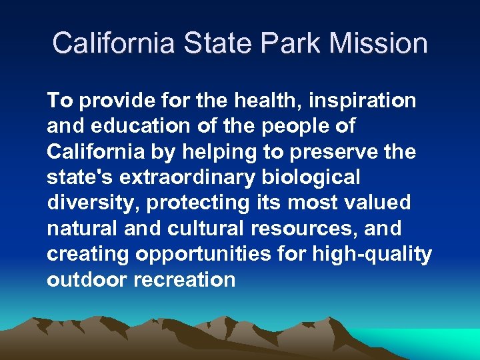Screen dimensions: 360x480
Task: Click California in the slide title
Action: [113, 43]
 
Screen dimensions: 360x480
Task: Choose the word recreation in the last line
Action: [185, 279]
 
